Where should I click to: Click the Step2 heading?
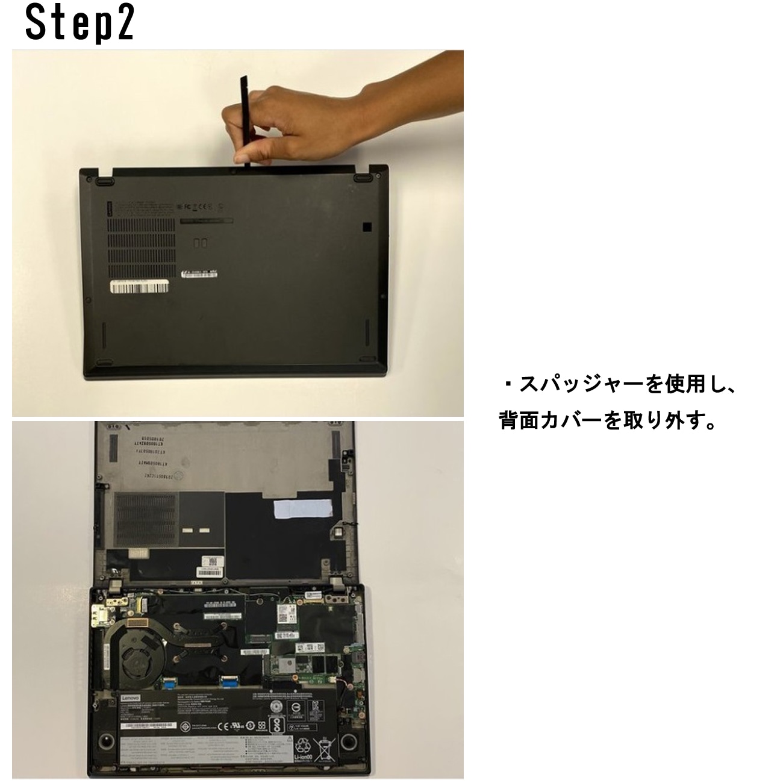pos(79,24)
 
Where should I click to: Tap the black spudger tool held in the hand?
pos(245,120)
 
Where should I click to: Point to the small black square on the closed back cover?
pos(366,227)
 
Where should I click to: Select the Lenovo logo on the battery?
pos(131,697)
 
